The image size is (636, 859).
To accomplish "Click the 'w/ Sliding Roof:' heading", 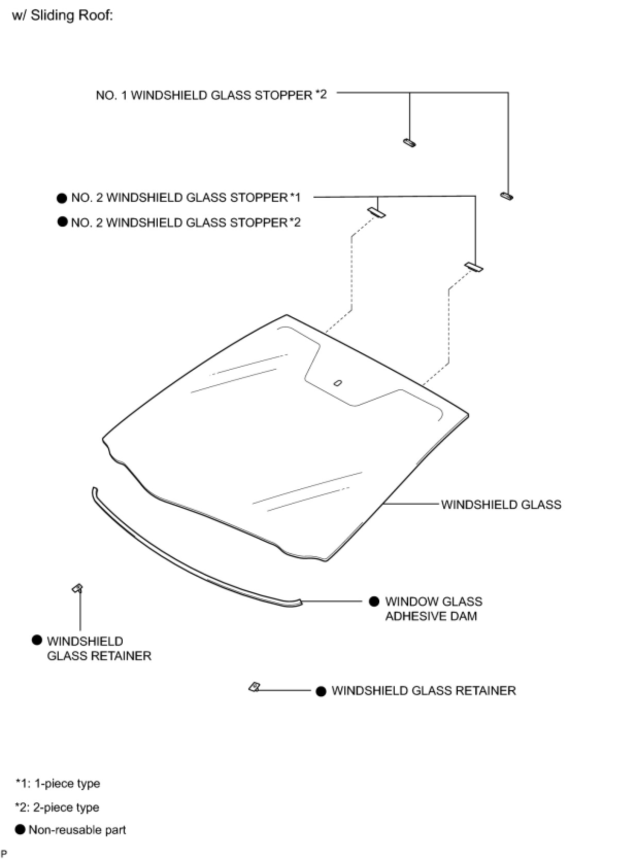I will click(62, 16).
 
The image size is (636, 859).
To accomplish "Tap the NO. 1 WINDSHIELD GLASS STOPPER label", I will click(211, 95).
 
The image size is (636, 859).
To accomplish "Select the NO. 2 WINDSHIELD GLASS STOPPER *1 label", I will click(186, 198).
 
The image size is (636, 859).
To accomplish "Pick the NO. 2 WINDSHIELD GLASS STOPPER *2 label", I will click(186, 222).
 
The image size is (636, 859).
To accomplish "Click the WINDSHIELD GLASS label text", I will click(501, 505).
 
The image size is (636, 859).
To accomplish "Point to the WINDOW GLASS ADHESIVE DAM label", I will click(433, 609).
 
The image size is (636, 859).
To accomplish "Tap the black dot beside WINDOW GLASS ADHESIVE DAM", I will click(375, 602).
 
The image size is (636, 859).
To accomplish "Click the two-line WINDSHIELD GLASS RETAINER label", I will click(98, 648).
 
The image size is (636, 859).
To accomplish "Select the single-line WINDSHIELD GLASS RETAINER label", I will click(423, 691).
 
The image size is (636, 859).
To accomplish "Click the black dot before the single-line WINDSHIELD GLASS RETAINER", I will click(321, 691).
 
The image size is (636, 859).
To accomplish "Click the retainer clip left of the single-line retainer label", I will click(255, 687).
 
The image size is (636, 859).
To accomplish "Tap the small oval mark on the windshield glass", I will click(338, 383).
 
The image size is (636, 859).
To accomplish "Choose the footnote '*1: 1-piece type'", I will click(58, 783).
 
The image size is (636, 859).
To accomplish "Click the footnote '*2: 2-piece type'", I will click(57, 807).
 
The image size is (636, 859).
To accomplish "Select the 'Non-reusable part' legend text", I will click(77, 830).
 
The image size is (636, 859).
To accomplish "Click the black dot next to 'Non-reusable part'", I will click(20, 830).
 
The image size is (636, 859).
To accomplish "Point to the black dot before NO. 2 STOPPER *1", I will click(62, 198).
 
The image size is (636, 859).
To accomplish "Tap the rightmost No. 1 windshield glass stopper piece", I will click(507, 196).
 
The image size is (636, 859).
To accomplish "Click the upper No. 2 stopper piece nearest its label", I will click(376, 212).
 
